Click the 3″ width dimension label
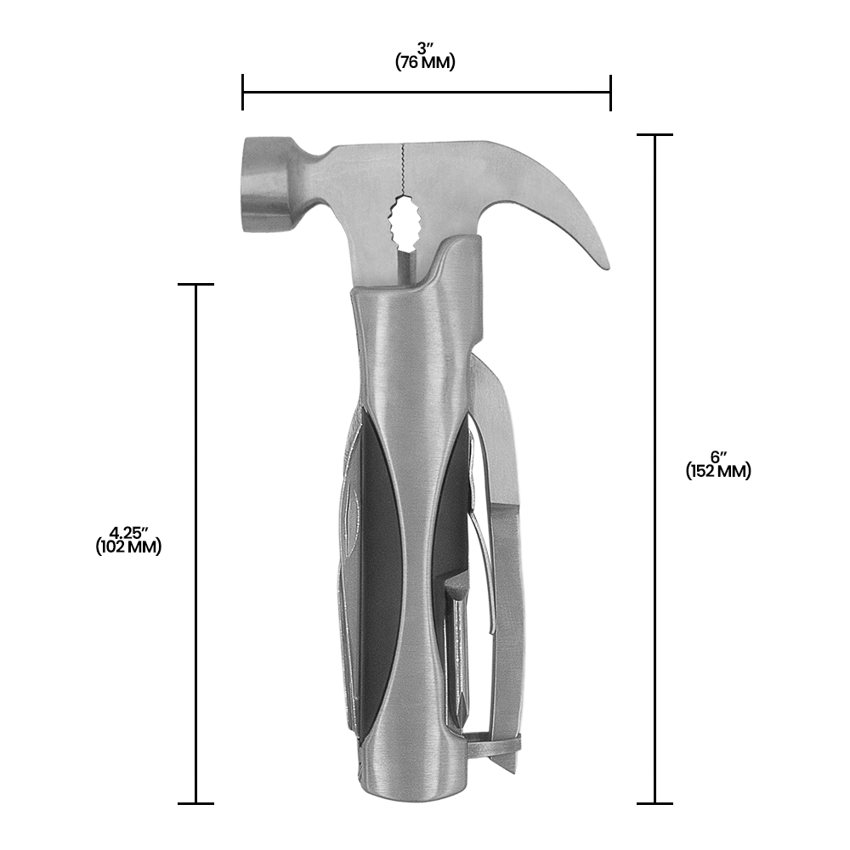point(426,48)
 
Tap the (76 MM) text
point(426,63)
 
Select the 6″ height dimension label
point(718,456)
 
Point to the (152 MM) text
point(718,472)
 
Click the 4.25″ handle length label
point(128,533)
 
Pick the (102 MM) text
point(128,548)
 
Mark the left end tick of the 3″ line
point(243,92)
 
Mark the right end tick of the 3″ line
point(610,92)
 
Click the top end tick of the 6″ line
point(654,134)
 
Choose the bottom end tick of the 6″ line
point(654,802)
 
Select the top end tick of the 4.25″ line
point(196,285)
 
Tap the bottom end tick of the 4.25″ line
point(196,802)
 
